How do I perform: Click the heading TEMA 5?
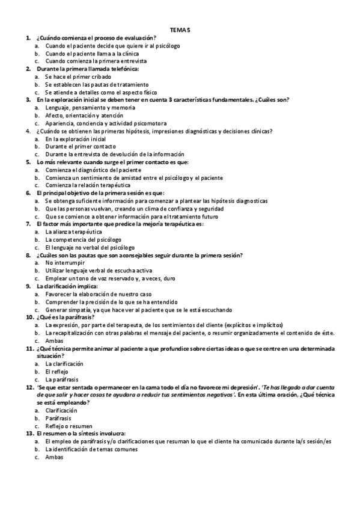pyautogui.click(x=180, y=29)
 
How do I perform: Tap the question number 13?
pyautogui.click(x=29, y=433)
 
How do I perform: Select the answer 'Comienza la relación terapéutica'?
pyautogui.click(x=89, y=185)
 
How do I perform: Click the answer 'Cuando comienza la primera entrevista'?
pyautogui.click(x=96, y=61)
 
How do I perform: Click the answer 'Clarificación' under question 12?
pyautogui.click(x=61, y=410)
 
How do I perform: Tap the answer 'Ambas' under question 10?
pyautogui.click(x=54, y=340)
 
